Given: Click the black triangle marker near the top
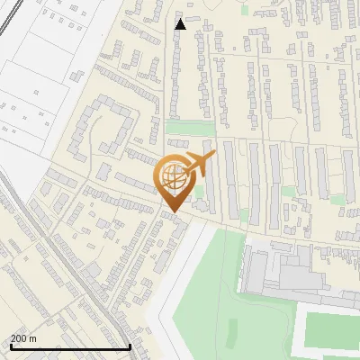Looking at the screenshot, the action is click(181, 24).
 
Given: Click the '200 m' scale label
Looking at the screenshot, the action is click(23, 338).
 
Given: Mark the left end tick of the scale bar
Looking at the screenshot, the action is click(9, 346).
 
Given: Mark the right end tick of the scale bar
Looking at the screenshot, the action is click(130, 346).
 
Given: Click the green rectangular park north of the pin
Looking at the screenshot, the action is click(177, 128).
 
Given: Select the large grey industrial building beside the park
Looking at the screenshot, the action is click(279, 270).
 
